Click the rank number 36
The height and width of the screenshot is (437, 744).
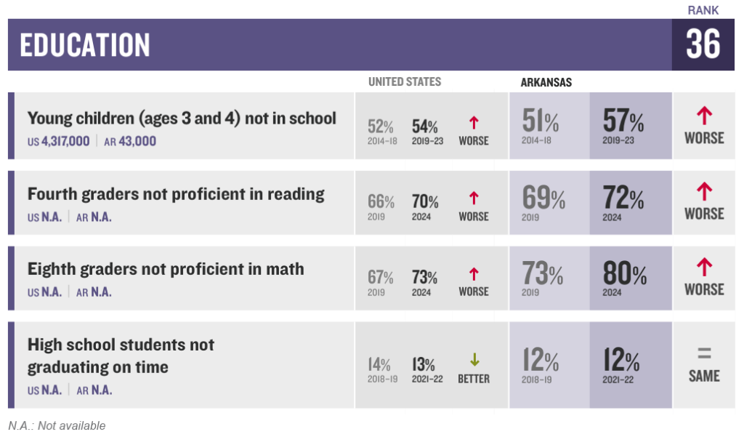click(x=703, y=45)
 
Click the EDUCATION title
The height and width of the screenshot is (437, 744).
click(x=85, y=45)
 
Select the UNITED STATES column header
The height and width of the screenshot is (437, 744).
click(x=404, y=81)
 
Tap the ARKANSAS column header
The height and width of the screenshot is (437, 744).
click(x=546, y=82)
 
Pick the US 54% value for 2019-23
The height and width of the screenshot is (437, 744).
click(x=425, y=127)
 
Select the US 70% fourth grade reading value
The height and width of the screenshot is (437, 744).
click(x=425, y=201)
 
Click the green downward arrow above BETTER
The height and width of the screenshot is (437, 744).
click(x=474, y=360)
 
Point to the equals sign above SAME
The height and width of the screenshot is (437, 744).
click(x=704, y=354)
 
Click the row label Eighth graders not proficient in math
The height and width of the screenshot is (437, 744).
click(x=166, y=269)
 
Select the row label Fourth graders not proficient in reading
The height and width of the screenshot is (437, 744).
click(x=176, y=193)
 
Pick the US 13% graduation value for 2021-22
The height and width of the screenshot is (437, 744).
click(x=424, y=364)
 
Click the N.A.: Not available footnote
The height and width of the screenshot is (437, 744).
click(x=57, y=425)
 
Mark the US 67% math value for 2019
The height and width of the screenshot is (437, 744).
click(x=381, y=277)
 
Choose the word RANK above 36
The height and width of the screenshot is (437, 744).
click(x=703, y=10)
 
